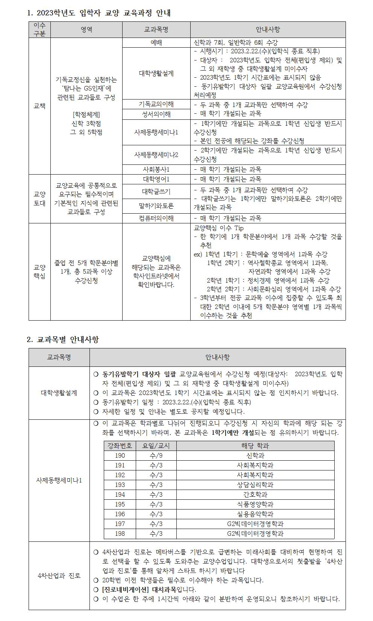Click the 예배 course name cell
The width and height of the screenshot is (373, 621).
coord(156,43)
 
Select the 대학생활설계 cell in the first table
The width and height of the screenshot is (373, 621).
coord(156,73)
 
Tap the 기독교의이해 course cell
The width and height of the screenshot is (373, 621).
coord(156,104)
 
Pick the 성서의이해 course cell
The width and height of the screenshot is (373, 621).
coord(156,114)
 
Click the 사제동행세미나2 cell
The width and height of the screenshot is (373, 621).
coord(156,155)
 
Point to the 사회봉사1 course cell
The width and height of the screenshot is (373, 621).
coord(156,169)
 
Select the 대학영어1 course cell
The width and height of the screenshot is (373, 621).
coord(156,179)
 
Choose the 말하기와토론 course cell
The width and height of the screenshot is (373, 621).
coord(156,206)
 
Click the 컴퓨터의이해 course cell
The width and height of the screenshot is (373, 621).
coord(156,218)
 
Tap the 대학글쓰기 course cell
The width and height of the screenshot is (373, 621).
coord(156,191)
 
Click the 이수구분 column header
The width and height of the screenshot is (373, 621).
coord(39,29)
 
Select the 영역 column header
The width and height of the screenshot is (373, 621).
coord(86,29)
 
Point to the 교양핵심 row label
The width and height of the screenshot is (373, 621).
coord(39,272)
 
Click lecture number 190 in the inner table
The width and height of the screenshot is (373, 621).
coord(120,455)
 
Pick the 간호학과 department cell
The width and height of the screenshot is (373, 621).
coord(255,494)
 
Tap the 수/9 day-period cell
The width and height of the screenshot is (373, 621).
coord(156,455)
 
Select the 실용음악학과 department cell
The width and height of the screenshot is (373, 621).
coord(255,514)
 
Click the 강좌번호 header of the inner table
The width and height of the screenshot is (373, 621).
coord(120,446)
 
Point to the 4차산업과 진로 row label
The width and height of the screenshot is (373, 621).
coord(59,576)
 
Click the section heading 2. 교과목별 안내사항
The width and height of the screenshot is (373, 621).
coord(63,340)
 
